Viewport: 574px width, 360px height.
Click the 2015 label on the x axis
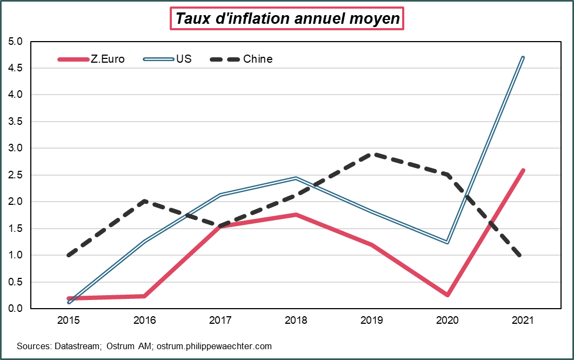click(x=69, y=321)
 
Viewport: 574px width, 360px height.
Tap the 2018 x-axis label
click(x=296, y=321)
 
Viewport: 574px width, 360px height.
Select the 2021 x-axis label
click(x=523, y=321)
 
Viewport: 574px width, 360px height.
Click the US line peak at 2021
click(x=523, y=57)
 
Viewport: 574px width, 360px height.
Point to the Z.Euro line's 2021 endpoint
click(x=523, y=171)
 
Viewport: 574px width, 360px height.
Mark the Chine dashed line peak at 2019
click(x=372, y=155)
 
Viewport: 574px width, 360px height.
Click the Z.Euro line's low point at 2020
click(x=448, y=295)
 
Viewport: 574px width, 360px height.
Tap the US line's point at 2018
click(x=296, y=178)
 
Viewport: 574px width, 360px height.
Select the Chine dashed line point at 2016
click(x=145, y=202)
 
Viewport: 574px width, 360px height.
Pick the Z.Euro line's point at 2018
click(x=296, y=215)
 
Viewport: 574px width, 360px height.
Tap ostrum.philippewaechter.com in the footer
click(x=214, y=346)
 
